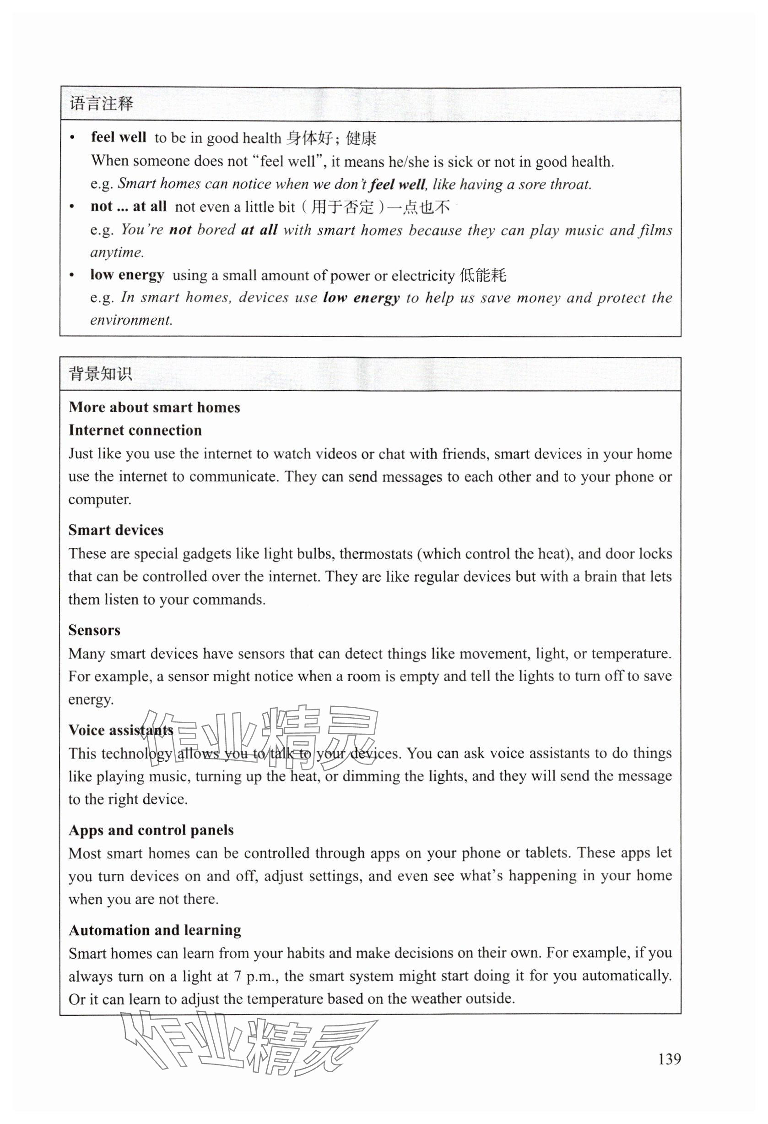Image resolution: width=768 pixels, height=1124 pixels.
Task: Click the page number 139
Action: pyautogui.click(x=669, y=1059)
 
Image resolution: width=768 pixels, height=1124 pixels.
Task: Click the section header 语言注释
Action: pyautogui.click(x=101, y=104)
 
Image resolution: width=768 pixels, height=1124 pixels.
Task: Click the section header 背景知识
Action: pyautogui.click(x=101, y=374)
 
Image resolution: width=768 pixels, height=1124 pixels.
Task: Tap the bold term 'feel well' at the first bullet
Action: pyautogui.click(x=119, y=137)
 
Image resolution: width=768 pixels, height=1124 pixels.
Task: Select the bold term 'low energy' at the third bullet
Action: pyautogui.click(x=127, y=275)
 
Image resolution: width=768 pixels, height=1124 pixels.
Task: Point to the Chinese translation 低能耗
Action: pyautogui.click(x=482, y=275)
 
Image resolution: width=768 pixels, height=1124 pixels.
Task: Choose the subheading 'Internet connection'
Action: pyautogui.click(x=135, y=430)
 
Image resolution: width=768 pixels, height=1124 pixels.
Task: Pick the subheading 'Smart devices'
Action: pyautogui.click(x=115, y=530)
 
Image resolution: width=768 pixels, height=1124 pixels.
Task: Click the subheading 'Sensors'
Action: pyautogui.click(x=94, y=630)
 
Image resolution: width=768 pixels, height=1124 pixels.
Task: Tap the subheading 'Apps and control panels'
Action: pyautogui.click(x=151, y=830)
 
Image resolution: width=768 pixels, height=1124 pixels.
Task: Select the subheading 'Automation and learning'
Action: pyautogui.click(x=155, y=930)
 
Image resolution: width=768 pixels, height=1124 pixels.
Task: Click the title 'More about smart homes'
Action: pyautogui.click(x=154, y=407)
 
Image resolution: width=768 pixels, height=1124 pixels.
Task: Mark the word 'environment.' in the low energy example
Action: pyautogui.click(x=131, y=320)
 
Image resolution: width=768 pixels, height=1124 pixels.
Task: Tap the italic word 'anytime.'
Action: pyautogui.click(x=117, y=252)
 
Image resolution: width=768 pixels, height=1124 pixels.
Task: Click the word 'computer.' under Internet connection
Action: pyautogui.click(x=100, y=499)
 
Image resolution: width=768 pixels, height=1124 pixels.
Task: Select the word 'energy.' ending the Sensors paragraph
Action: pyautogui.click(x=91, y=699)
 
